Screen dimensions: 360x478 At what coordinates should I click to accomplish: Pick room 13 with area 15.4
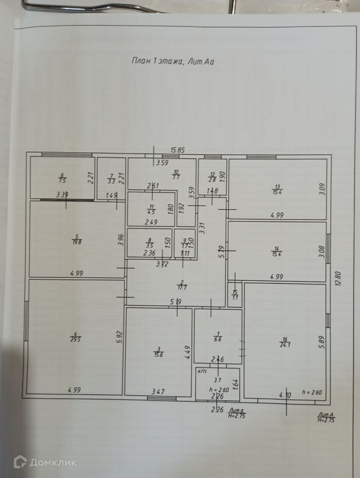277,189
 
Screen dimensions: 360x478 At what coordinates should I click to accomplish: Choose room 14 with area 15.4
276,250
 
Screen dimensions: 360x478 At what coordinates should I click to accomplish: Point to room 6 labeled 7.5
61,178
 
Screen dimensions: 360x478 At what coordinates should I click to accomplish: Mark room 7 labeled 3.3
111,178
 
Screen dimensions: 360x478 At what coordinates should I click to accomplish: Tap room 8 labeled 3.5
150,244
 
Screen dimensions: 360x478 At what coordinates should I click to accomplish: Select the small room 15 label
235,295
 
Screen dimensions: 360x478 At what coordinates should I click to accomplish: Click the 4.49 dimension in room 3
187,353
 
